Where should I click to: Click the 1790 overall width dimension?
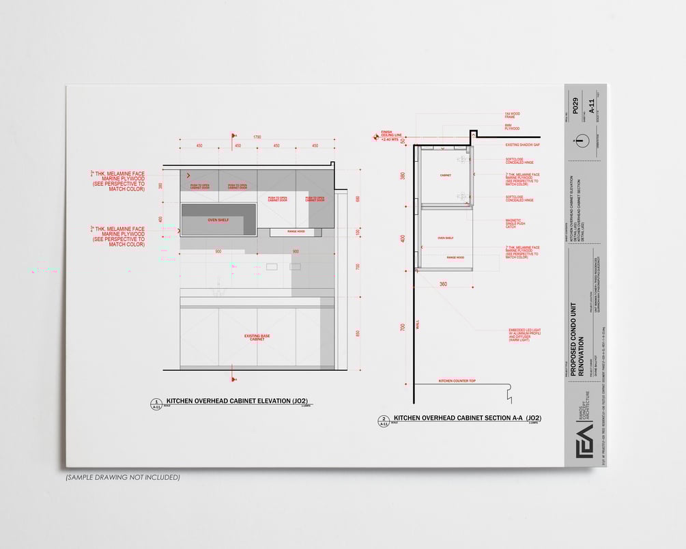tap(257, 137)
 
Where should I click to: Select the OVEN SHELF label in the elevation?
tap(218, 220)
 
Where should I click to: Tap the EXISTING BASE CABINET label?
tap(257, 337)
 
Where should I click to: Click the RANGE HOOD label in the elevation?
tap(296, 232)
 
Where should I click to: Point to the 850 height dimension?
tap(358, 334)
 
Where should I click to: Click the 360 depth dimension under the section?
tap(443, 283)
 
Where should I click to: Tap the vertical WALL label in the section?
tap(418, 327)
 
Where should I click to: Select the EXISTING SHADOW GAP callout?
tap(522, 145)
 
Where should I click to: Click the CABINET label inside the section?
tap(445, 175)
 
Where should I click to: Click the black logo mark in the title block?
tap(584, 440)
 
